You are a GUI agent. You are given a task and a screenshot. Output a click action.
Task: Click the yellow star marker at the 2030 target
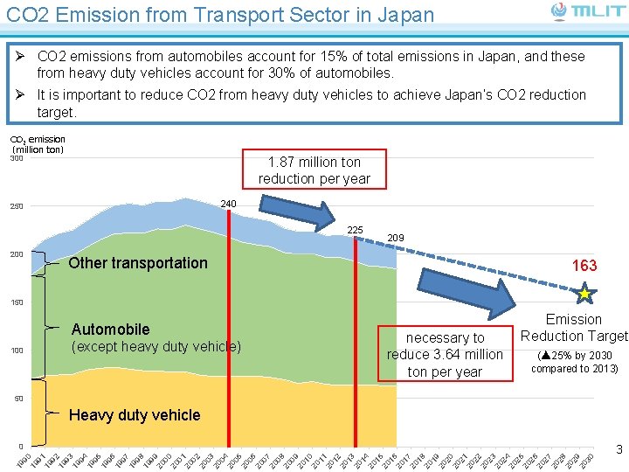pyautogui.click(x=584, y=295)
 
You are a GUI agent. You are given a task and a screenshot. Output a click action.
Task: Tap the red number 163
pyautogui.click(x=584, y=266)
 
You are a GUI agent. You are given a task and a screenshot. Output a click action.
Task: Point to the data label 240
pyautogui.click(x=228, y=204)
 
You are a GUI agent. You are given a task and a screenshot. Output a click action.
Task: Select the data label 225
pyautogui.click(x=355, y=230)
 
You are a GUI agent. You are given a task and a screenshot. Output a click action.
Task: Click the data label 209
pyautogui.click(x=395, y=238)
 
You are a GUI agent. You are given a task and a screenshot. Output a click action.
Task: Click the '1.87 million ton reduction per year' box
pyautogui.click(x=314, y=170)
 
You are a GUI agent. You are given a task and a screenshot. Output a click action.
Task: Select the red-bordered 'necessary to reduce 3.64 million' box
pyautogui.click(x=445, y=354)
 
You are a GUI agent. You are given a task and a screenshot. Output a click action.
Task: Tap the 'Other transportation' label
pyautogui.click(x=138, y=263)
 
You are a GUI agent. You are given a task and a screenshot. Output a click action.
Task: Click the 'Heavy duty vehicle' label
pyautogui.click(x=134, y=415)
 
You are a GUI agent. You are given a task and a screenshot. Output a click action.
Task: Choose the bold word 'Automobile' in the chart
pyautogui.click(x=110, y=330)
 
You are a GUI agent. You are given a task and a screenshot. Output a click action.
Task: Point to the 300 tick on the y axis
pyautogui.click(x=16, y=158)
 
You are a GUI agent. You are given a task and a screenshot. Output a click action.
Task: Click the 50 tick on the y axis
pyautogui.click(x=17, y=399)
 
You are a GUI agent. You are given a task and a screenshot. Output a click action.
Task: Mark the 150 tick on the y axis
pyautogui.click(x=16, y=302)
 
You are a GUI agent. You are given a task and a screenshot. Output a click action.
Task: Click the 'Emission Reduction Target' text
pyautogui.click(x=574, y=328)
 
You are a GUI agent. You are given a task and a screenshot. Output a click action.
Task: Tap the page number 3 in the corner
pyautogui.click(x=619, y=450)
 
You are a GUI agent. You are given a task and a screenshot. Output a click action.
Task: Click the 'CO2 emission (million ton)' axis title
pyautogui.click(x=37, y=144)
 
